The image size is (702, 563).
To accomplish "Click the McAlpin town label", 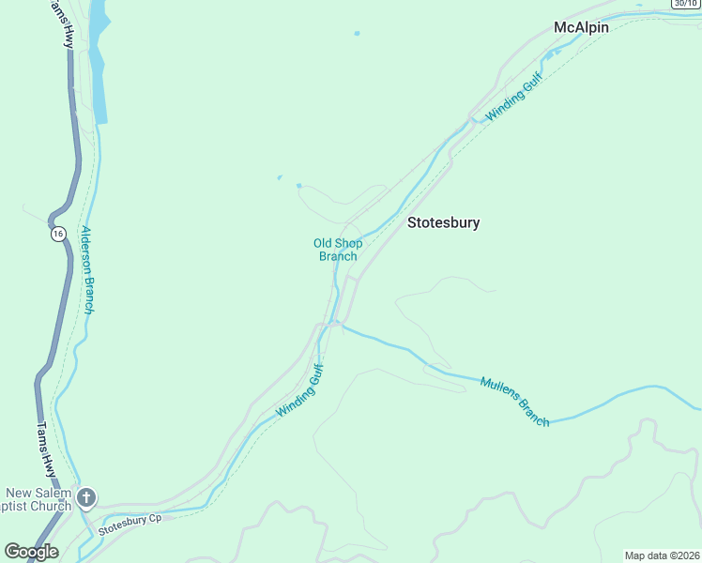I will point(581,27).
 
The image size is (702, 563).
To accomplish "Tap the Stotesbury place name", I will point(443,222).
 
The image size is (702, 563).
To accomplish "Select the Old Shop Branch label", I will point(338,250).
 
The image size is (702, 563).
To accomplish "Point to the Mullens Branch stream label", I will point(514,402).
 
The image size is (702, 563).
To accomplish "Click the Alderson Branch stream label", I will point(88,269).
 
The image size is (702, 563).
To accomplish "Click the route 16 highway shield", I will point(58,234).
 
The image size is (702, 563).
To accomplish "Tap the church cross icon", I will point(86,497).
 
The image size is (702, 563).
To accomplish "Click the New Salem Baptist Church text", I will point(38,499).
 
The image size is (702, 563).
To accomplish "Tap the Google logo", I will point(31,552).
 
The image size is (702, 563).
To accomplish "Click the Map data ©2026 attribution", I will point(662,555).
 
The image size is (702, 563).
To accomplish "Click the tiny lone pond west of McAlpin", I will point(357,34).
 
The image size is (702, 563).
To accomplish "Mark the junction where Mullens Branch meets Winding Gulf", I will point(339,325).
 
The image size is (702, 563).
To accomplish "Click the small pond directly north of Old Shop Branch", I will point(299,186).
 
